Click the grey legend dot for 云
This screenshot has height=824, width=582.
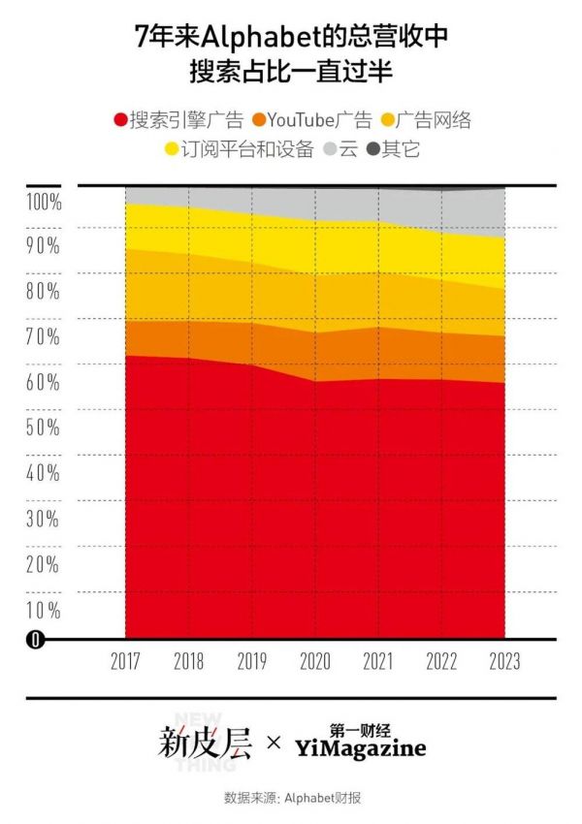[331, 150]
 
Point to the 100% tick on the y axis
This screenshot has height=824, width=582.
[43, 203]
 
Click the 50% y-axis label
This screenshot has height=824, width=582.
[43, 428]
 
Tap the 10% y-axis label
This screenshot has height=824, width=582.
[43, 610]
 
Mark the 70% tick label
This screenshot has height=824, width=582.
[43, 337]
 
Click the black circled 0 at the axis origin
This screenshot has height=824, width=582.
[35, 640]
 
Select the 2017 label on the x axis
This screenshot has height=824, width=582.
[126, 662]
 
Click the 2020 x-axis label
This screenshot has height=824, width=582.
[315, 662]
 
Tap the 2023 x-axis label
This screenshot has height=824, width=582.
[504, 662]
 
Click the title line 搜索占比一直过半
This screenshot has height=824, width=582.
[291, 71]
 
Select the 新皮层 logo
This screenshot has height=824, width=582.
[205, 745]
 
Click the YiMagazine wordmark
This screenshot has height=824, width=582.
[360, 749]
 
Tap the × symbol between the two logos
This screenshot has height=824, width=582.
[274, 745]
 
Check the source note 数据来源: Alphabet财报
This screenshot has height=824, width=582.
[291, 798]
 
